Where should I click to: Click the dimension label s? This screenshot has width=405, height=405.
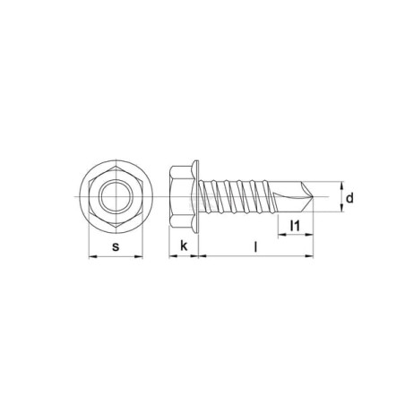116,247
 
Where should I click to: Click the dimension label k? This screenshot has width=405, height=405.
184,246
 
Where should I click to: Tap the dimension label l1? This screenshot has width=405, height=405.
295,226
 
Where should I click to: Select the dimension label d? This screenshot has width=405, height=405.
349,198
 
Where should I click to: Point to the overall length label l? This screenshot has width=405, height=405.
255,247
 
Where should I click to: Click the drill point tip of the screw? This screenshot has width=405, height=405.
313,197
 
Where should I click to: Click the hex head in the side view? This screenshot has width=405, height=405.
181,197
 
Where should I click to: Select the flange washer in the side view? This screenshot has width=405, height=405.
195,197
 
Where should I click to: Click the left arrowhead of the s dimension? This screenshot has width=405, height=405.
92,256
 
